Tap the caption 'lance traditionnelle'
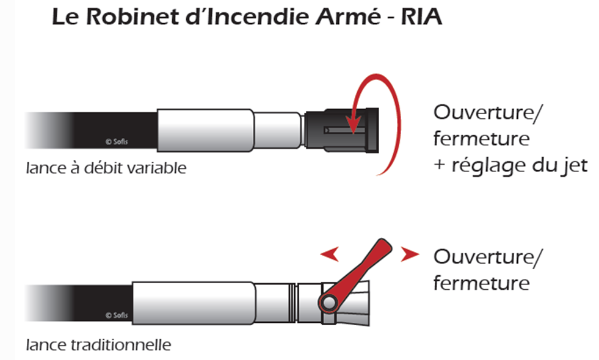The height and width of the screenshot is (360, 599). coord(98,345)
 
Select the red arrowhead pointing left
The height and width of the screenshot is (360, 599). coord(329,254)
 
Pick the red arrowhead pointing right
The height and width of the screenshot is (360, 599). coord(407,254)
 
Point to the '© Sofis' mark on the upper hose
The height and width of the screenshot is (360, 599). coord(117,142)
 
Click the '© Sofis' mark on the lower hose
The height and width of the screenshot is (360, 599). coord(117,315)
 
